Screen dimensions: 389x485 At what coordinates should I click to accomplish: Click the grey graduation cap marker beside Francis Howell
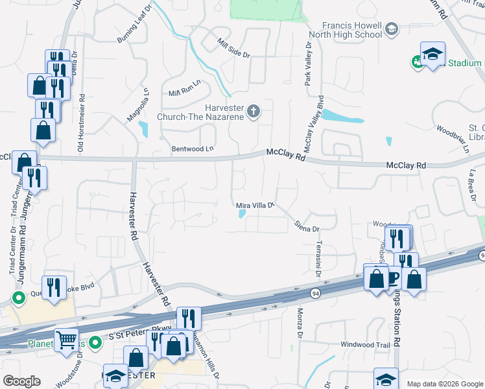pyautogui.click(x=392, y=29)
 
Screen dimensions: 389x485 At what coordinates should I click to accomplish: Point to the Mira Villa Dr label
pyautogui.click(x=255, y=206)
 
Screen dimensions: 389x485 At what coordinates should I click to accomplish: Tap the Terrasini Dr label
pyautogui.click(x=318, y=258)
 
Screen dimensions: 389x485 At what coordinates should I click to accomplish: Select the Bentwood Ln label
pyautogui.click(x=193, y=149)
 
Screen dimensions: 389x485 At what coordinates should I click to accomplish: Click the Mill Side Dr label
pyautogui.click(x=233, y=49)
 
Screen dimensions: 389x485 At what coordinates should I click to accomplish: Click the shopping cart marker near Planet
pyautogui.click(x=66, y=338)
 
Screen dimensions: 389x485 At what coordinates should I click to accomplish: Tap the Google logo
pyautogui.click(x=21, y=381)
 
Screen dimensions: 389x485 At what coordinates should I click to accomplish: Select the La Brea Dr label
pyautogui.click(x=472, y=184)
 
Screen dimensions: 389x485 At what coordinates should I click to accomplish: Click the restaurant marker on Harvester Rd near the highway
pyautogui.click(x=189, y=318)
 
